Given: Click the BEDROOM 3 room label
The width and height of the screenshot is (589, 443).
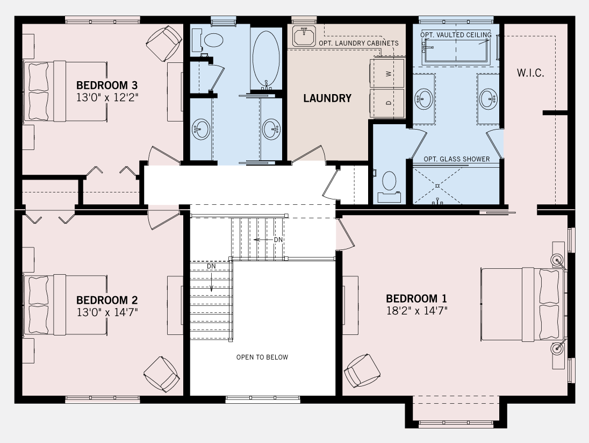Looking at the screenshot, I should (x=107, y=85).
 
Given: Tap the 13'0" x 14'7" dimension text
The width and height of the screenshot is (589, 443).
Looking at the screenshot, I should (x=107, y=312).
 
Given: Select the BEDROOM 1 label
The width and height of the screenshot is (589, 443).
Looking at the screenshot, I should (x=416, y=298).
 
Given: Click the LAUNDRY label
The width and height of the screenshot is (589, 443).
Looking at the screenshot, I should (x=327, y=98).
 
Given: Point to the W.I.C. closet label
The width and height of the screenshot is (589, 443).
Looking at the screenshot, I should (x=530, y=73).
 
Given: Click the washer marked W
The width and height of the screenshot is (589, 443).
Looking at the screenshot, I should (x=388, y=73).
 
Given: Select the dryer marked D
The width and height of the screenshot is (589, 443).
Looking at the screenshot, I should (x=388, y=103).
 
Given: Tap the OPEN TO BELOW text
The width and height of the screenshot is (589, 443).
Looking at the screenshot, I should (x=262, y=357).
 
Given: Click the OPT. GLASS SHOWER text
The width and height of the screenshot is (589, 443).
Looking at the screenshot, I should (x=456, y=159).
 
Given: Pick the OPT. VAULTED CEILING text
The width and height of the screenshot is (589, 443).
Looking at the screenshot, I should (x=456, y=35).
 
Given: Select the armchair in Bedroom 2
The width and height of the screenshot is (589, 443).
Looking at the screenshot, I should (x=161, y=373).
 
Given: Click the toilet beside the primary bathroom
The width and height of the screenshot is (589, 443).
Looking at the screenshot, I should (x=388, y=183).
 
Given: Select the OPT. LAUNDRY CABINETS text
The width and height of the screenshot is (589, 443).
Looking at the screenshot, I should (x=358, y=43).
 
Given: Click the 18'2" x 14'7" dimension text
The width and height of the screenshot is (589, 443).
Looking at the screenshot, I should (x=416, y=311).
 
